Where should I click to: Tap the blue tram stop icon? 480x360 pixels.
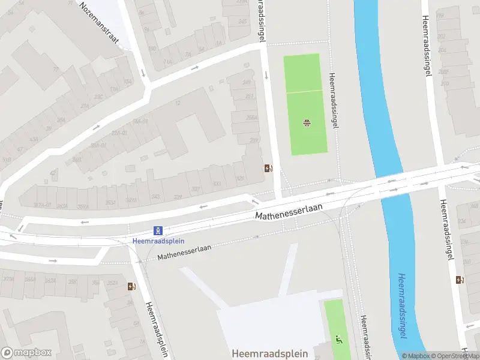coord(158,230)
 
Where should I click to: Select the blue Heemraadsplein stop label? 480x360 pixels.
coord(158,241)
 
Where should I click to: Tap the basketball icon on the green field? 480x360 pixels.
coord(307,124)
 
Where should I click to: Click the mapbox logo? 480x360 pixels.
coord(26,352)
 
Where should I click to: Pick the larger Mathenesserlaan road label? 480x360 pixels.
coord(289,211)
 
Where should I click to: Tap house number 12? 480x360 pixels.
coord(177,103)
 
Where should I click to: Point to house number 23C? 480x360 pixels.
coord(97,96)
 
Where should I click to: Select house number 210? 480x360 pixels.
coord(445,83)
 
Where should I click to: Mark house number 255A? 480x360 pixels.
coord(251,118)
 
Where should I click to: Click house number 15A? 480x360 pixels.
coord(127,82)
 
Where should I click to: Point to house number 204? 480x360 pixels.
coord(443,50)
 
